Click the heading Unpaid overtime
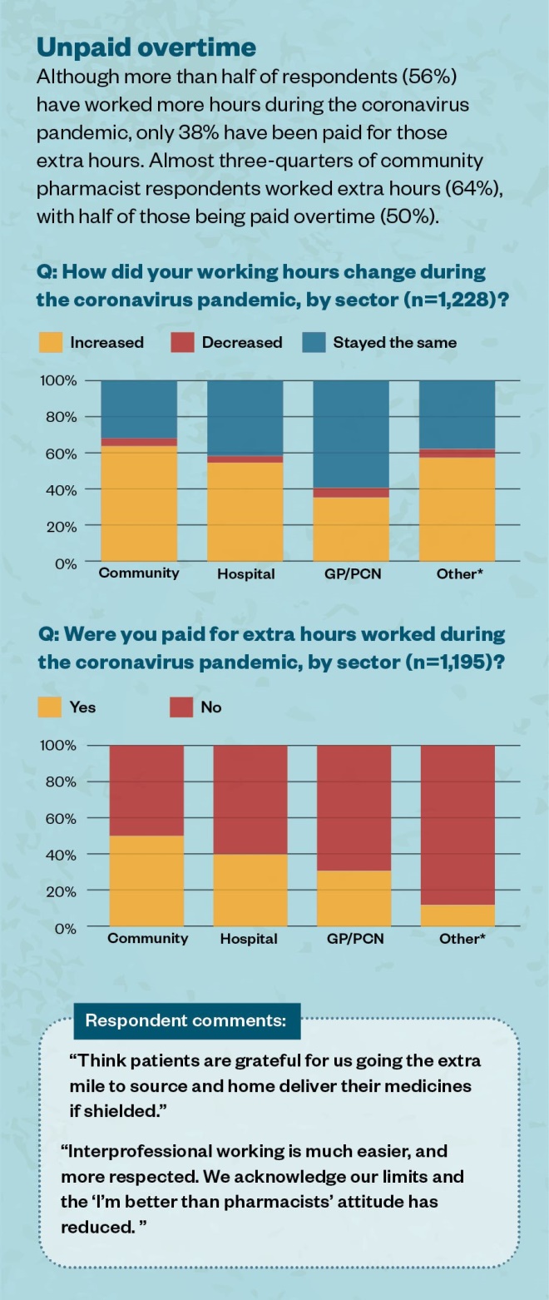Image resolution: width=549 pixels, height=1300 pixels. (146, 47)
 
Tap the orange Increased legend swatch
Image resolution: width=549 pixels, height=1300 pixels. (51, 342)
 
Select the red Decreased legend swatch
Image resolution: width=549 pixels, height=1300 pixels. (181, 342)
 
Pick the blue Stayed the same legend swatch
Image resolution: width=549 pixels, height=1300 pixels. (313, 342)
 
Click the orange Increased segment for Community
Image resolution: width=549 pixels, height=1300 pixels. (139, 504)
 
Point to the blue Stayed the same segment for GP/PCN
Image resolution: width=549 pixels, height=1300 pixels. (350, 433)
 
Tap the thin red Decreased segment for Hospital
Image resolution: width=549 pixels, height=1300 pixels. (245, 459)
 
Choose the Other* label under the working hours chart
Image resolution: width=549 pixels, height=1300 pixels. (459, 573)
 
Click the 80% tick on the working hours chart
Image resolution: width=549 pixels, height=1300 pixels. (59, 417)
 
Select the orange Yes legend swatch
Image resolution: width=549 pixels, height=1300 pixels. (51, 707)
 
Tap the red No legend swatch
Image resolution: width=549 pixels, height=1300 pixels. (181, 707)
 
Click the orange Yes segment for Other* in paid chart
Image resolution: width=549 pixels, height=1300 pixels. (457, 915)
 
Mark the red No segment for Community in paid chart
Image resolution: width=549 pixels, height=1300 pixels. (146, 790)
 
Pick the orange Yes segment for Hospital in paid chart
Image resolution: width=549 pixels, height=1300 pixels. (250, 890)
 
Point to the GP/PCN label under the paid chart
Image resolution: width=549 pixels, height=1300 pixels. (354, 938)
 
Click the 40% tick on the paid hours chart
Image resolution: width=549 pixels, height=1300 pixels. (59, 855)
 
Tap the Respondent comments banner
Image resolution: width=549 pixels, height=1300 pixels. (186, 1020)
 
